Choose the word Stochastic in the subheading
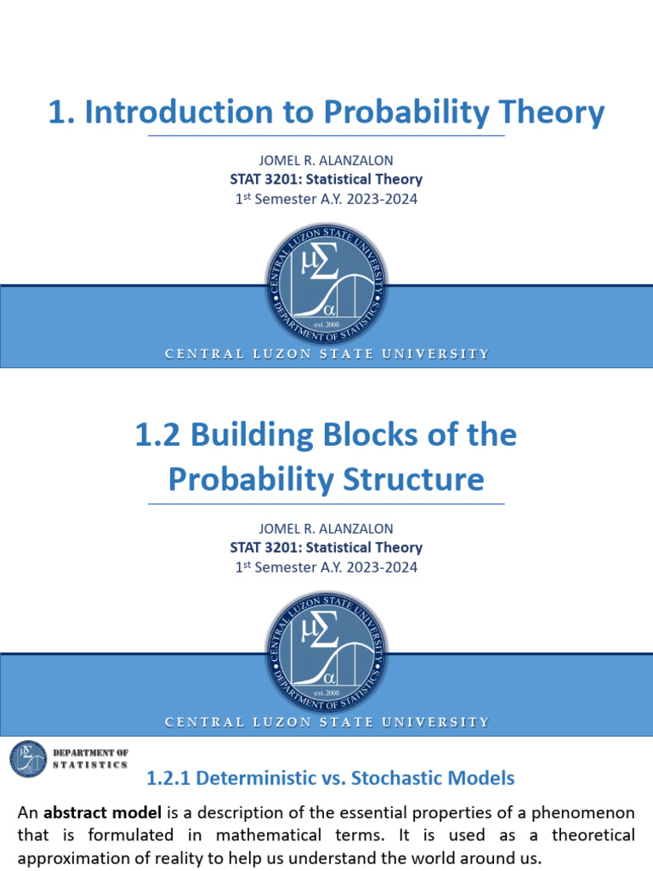(x=399, y=777)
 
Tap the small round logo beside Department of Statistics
(x=29, y=759)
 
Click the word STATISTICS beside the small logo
(x=91, y=765)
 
